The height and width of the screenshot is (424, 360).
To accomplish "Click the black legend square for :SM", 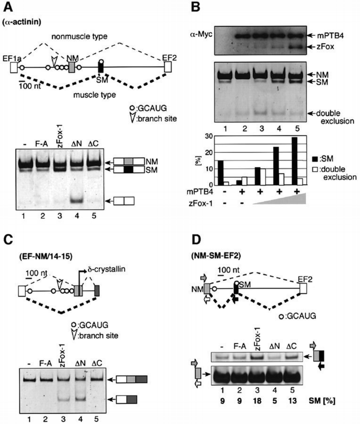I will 316,157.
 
